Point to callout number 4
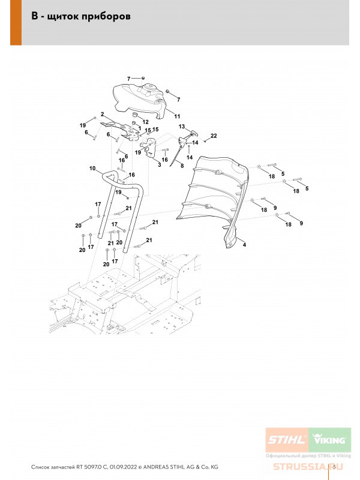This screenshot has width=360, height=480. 244,245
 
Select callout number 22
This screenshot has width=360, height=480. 213,136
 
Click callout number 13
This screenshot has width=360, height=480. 181,127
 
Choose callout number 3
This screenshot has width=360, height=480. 159,164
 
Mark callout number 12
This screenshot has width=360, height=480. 145,122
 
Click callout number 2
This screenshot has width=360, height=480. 103,114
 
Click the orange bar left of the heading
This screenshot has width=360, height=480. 16,22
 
